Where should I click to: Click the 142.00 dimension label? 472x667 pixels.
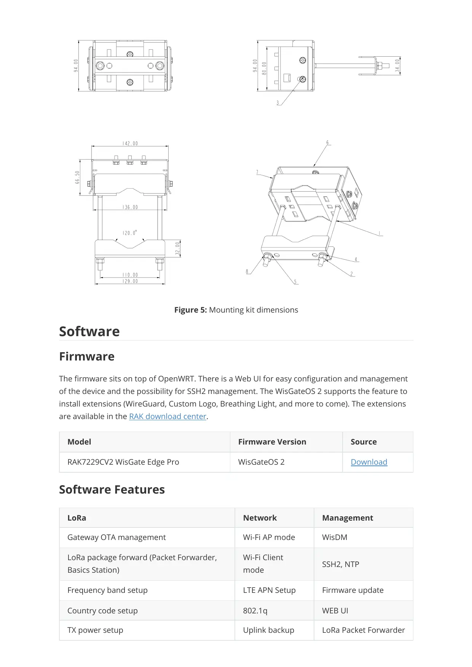click(x=130, y=143)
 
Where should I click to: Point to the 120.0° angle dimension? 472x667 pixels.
click(x=130, y=233)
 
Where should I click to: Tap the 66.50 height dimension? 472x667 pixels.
click(x=77, y=177)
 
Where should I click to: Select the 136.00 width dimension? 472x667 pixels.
click(x=130, y=207)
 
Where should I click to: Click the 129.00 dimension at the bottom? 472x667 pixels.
click(x=130, y=281)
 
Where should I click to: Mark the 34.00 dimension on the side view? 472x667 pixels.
click(x=397, y=65)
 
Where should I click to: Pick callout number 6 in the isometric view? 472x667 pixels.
click(x=327, y=143)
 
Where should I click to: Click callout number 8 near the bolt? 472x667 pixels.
click(x=247, y=272)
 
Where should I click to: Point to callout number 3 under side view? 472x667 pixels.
click(x=277, y=103)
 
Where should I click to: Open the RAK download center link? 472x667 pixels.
click(x=167, y=416)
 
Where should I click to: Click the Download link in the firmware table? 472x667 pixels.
click(x=369, y=462)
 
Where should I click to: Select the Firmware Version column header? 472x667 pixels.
click(x=272, y=442)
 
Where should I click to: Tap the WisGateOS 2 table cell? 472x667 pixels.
click(x=261, y=462)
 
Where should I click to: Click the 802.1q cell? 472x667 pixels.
click(x=255, y=611)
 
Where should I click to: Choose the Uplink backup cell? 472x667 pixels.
click(x=268, y=630)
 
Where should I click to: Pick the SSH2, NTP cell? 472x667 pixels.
click(x=340, y=564)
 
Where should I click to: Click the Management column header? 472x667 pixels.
click(x=347, y=518)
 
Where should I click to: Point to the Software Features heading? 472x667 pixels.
click(x=112, y=489)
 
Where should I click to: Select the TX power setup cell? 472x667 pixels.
click(x=95, y=630)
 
